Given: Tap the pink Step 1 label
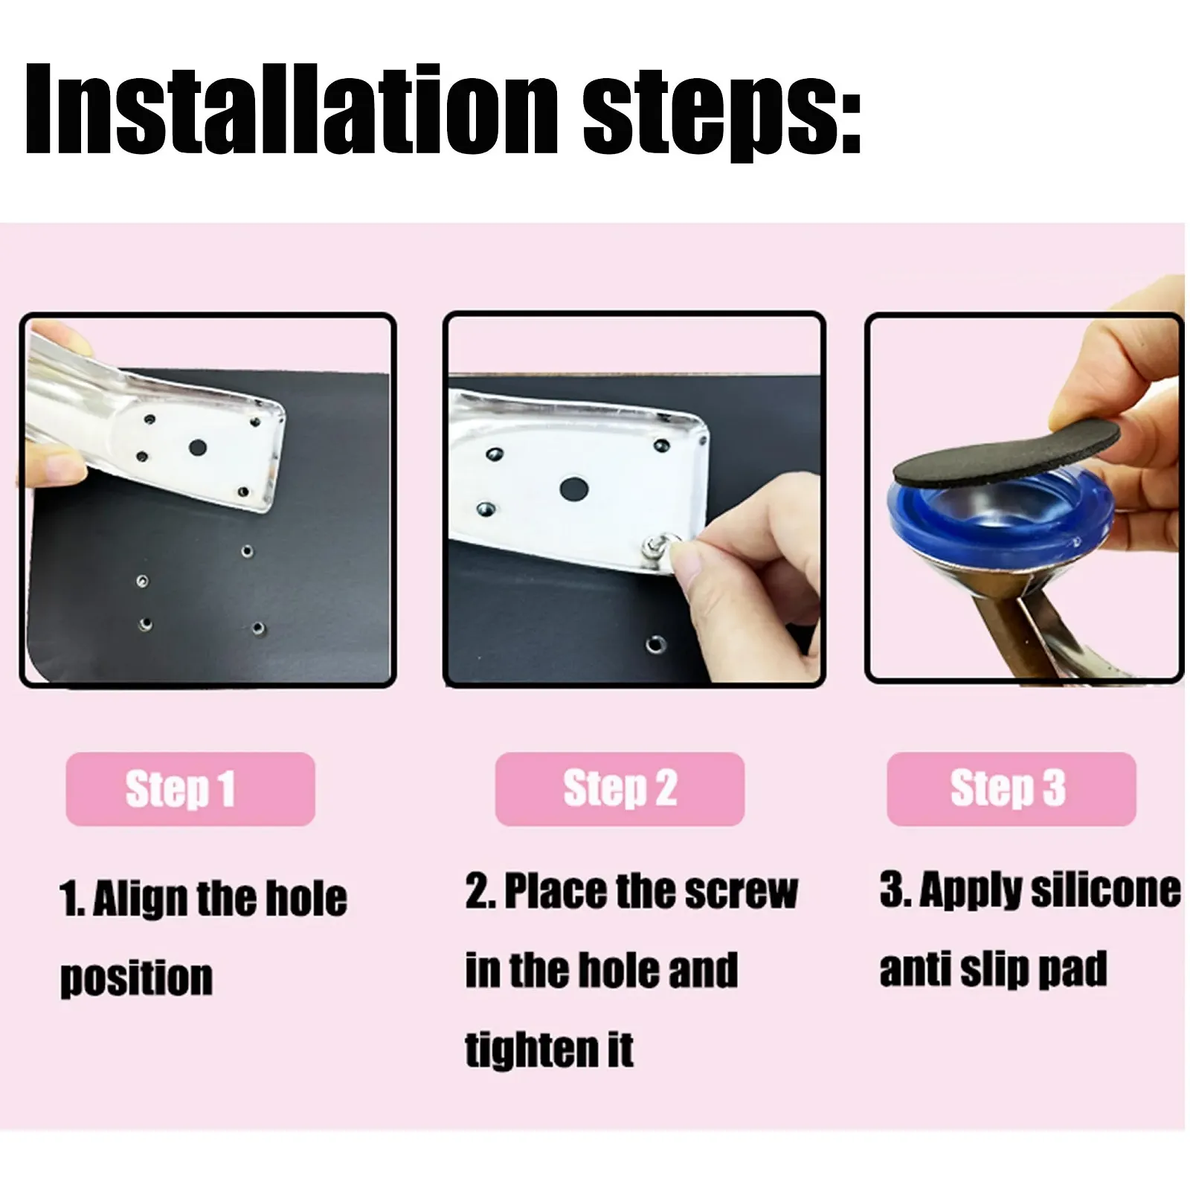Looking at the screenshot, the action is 190,789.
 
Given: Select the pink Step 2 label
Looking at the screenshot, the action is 620,789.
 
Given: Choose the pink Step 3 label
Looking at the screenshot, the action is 1011,789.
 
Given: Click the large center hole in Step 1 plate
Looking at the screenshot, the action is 197,448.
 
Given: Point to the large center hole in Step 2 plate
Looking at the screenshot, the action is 573,489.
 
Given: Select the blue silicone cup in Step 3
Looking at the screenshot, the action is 1000,521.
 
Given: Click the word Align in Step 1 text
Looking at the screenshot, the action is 140,898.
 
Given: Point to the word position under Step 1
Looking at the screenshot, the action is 136,978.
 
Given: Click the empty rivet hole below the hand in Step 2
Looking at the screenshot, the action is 657,644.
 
